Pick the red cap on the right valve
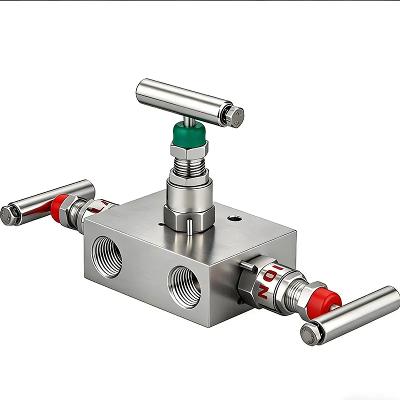tap(327, 300)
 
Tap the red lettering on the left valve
tap(103, 205)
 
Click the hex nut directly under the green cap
tap(188, 149)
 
